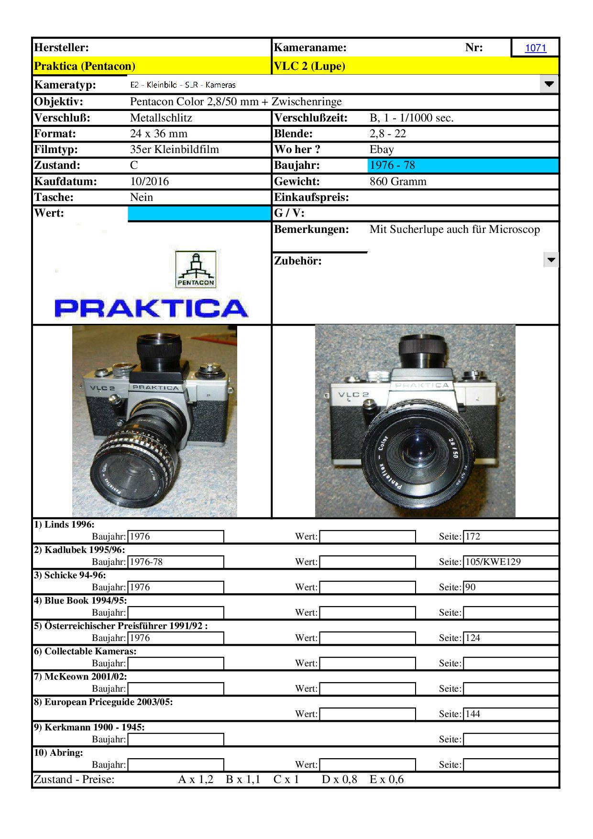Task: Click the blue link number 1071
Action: click(x=535, y=48)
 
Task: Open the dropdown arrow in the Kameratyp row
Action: click(x=549, y=84)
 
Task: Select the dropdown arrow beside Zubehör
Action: click(x=551, y=260)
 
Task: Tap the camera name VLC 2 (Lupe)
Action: click(x=309, y=66)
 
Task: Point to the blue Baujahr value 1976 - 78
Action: click(x=392, y=166)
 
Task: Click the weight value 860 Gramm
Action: click(x=398, y=182)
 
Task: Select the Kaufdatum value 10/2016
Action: click(x=149, y=182)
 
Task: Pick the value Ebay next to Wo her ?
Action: click(x=382, y=150)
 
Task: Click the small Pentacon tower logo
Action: click(x=196, y=269)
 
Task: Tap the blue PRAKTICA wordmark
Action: click(x=151, y=308)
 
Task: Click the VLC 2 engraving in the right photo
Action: click(x=353, y=395)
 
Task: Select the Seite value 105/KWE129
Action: click(x=493, y=562)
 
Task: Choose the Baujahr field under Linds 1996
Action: click(x=176, y=537)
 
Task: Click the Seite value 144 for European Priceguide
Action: click(x=473, y=714)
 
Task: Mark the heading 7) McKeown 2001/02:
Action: click(x=80, y=676)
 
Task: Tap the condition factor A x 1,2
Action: click(x=196, y=780)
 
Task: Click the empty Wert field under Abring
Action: click(x=367, y=765)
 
